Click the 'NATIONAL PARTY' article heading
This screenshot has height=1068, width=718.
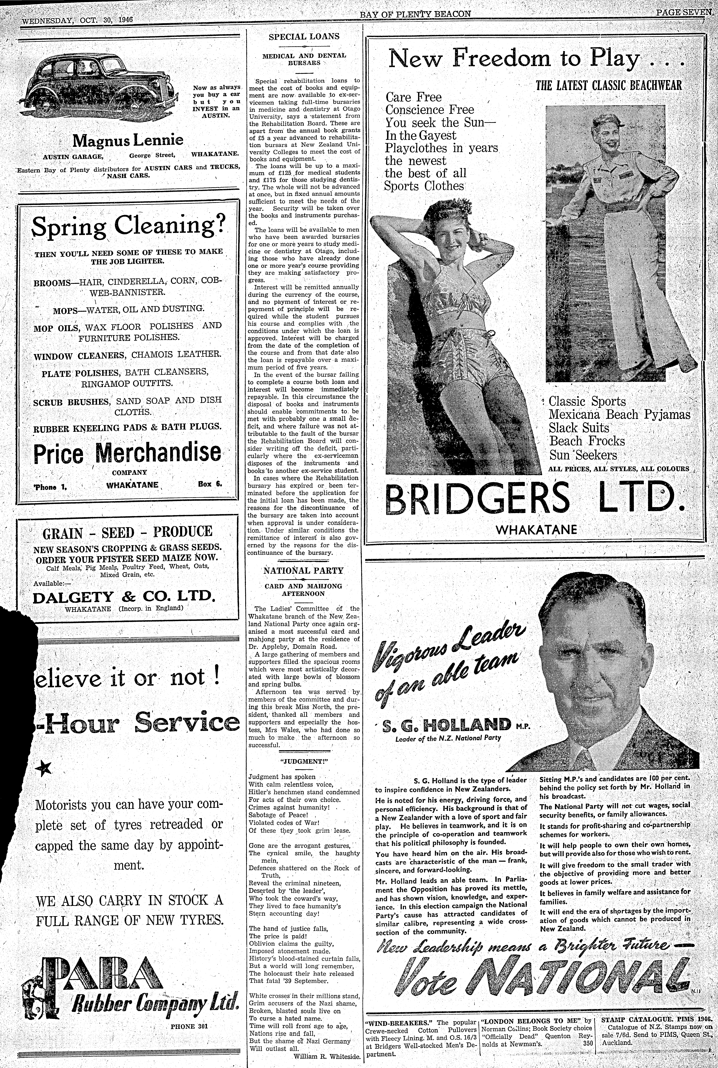[x=303, y=571]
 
